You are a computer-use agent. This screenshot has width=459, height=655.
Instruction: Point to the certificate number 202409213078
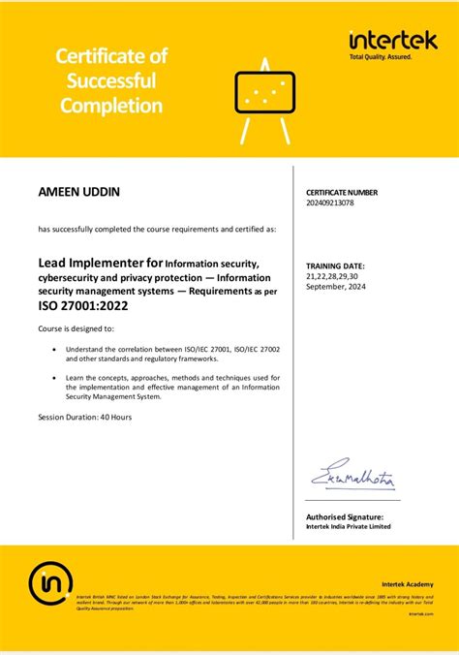330,203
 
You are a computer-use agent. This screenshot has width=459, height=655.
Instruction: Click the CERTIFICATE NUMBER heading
343,193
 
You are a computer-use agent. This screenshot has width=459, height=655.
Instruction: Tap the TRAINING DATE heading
335,265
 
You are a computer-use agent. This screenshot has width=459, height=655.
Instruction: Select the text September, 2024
336,286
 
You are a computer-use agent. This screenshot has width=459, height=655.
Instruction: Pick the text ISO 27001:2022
82,305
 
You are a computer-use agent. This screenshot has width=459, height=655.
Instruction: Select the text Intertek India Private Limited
348,527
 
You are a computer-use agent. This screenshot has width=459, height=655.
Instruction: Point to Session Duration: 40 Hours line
85,416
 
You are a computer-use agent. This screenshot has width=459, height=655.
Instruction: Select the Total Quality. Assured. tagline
381,57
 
